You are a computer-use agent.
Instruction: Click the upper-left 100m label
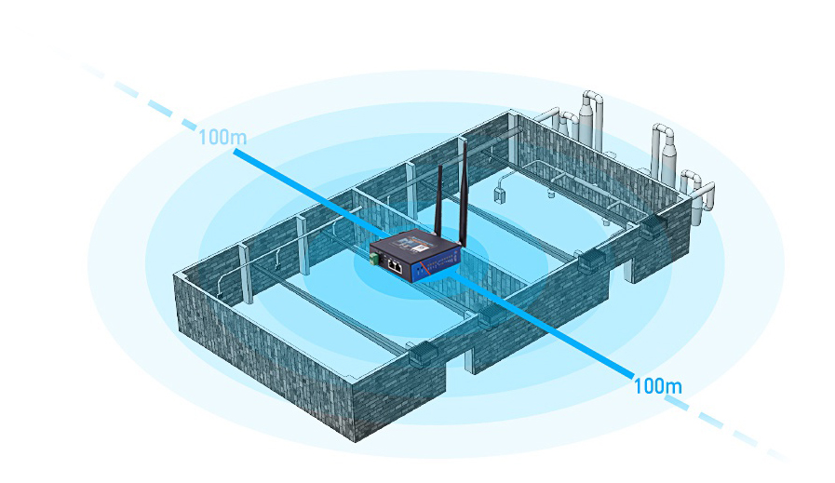(x=222, y=138)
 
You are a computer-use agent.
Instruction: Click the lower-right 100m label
(x=657, y=384)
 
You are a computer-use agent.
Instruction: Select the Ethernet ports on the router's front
(x=395, y=266)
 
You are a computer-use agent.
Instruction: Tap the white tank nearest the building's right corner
(x=666, y=149)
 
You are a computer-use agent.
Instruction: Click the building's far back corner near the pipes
(x=513, y=114)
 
